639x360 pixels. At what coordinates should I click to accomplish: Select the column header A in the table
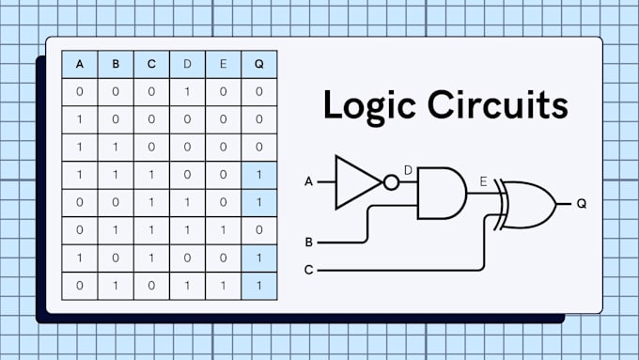[80, 65]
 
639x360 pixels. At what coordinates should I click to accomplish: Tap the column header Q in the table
[258, 65]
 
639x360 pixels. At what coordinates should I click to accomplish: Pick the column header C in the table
[151, 65]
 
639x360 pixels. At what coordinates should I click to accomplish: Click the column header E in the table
[223, 65]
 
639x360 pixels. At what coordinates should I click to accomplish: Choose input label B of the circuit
[308, 243]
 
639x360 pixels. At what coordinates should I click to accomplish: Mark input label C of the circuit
[308, 271]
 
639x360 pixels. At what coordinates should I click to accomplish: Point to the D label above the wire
[408, 169]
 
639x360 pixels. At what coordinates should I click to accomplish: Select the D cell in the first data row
[187, 93]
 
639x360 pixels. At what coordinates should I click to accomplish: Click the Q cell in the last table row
[258, 285]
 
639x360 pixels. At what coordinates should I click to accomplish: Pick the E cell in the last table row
[223, 285]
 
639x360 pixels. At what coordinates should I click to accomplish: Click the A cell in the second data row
[80, 120]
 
